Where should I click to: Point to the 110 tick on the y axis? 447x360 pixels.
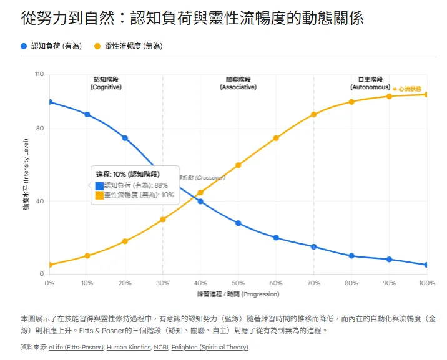[x=39, y=74]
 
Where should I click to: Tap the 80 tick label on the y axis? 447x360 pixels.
[x=41, y=129]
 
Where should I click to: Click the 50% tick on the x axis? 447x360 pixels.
[x=238, y=283]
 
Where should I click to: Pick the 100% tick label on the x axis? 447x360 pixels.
[x=426, y=283]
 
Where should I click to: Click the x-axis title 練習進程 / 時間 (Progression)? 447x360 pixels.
[x=238, y=294]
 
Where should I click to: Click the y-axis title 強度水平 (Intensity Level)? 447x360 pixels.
[x=26, y=175]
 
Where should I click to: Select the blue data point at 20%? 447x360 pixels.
[x=125, y=138]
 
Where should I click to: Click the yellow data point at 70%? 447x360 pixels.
[x=313, y=115]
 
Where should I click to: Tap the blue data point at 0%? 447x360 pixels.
[x=49, y=102]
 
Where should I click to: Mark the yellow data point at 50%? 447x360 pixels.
[x=238, y=165]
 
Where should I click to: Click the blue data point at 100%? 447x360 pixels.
[x=426, y=265]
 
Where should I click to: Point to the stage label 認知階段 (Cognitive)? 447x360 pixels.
[x=106, y=84]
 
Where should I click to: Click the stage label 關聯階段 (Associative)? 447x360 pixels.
[x=238, y=84]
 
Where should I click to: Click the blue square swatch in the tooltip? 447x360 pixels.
[x=99, y=186]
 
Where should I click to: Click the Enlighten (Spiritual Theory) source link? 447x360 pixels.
[x=210, y=348]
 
